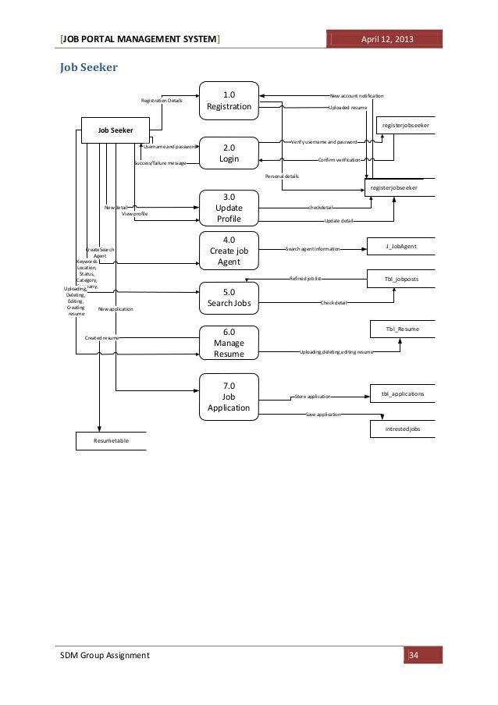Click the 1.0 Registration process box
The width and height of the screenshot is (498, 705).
click(229, 101)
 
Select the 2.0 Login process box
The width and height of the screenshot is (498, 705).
click(229, 153)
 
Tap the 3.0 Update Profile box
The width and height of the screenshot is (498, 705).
click(229, 208)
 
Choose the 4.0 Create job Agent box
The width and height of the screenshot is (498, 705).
click(229, 251)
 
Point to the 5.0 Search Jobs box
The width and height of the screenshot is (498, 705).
click(229, 298)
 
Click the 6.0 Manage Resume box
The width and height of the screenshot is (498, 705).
click(229, 343)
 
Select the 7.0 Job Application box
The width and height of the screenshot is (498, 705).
click(229, 396)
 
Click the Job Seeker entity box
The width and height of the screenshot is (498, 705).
click(115, 130)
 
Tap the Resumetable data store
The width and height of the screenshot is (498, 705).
click(111, 441)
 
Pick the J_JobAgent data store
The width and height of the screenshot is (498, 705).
click(400, 247)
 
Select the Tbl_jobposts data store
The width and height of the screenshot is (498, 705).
click(400, 279)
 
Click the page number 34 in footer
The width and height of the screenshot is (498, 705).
click(414, 654)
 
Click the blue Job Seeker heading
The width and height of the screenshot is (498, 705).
click(89, 68)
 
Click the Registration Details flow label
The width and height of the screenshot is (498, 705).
click(161, 101)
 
